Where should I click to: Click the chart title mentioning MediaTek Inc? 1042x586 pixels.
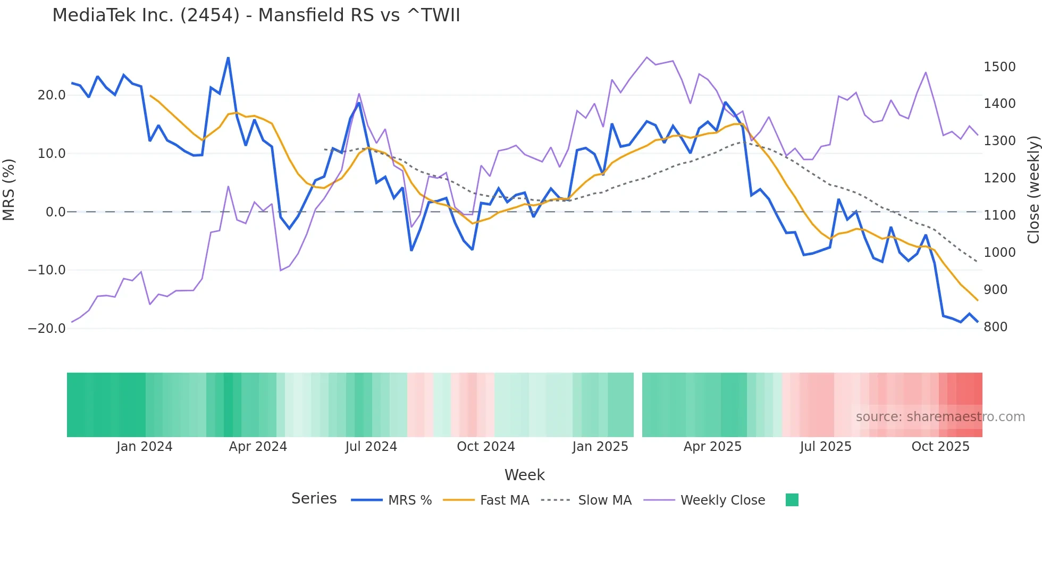pyautogui.click(x=256, y=15)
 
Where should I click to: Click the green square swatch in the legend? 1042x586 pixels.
pyautogui.click(x=792, y=500)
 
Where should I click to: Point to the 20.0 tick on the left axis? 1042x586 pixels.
pyautogui.click(x=52, y=95)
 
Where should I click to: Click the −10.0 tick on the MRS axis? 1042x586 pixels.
pyautogui.click(x=47, y=270)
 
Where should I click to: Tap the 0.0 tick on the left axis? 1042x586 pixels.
pyautogui.click(x=55, y=212)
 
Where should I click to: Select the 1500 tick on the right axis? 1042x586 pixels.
pyautogui.click(x=999, y=67)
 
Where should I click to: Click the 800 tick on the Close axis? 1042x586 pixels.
pyautogui.click(x=996, y=327)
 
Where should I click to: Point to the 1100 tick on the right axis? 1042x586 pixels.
pyautogui.click(x=999, y=215)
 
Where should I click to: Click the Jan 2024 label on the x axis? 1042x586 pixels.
pyautogui.click(x=144, y=447)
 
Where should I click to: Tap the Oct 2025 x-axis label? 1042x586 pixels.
pyautogui.click(x=940, y=447)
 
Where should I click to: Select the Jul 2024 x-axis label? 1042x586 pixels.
pyautogui.click(x=371, y=447)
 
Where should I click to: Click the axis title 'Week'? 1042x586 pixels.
pyautogui.click(x=524, y=475)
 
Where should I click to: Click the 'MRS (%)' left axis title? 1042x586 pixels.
pyautogui.click(x=9, y=189)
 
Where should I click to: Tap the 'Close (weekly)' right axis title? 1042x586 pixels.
pyautogui.click(x=1033, y=190)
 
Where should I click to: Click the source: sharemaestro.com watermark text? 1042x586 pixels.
pyautogui.click(x=940, y=417)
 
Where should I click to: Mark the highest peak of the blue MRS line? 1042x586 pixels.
pyautogui.click(x=228, y=58)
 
